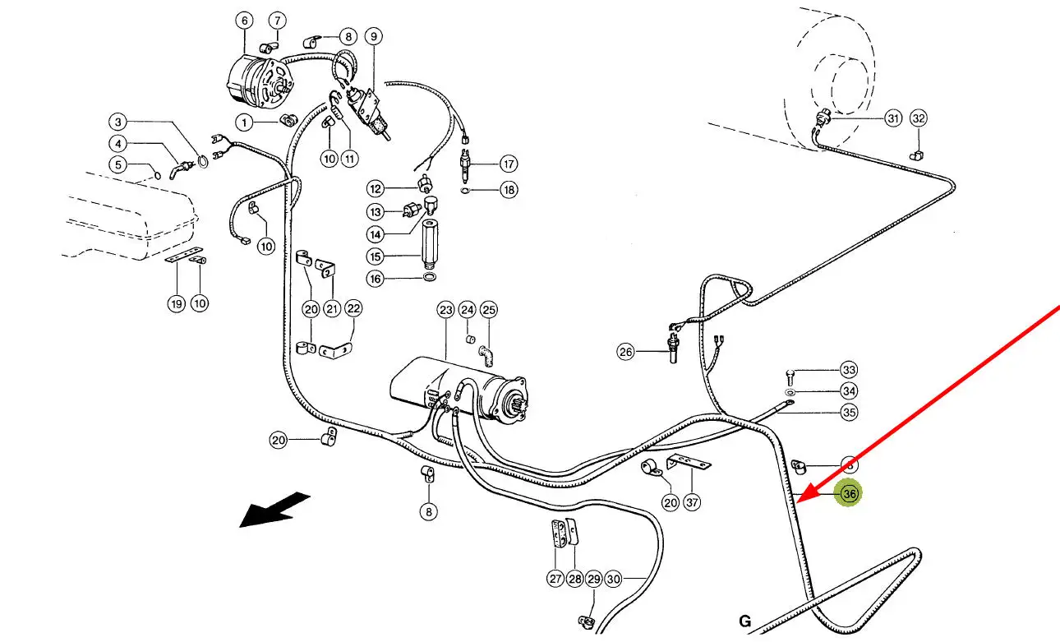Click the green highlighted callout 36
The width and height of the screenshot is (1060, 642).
point(850,494)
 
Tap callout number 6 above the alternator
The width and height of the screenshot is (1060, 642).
point(244,21)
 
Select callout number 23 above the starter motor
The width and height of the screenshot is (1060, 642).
point(446,310)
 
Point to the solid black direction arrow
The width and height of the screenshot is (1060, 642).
point(274,510)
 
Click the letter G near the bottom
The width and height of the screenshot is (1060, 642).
point(744,621)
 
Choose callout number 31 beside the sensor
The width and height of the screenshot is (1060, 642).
point(892,118)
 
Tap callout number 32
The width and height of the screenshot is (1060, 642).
point(919,118)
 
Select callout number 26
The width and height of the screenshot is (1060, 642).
point(627,353)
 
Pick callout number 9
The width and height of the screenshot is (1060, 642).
point(374,36)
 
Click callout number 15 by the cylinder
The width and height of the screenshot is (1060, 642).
point(376,257)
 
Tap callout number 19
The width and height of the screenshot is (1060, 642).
point(176,304)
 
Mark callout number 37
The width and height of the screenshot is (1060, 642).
point(694,502)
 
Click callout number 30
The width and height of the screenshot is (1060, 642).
point(614,579)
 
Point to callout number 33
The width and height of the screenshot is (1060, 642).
point(849,371)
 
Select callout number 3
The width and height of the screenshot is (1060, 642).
point(119,122)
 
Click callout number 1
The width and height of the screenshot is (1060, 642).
point(244,122)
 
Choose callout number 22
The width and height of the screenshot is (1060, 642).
point(353,309)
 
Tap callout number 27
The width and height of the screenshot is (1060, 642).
point(555,579)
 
